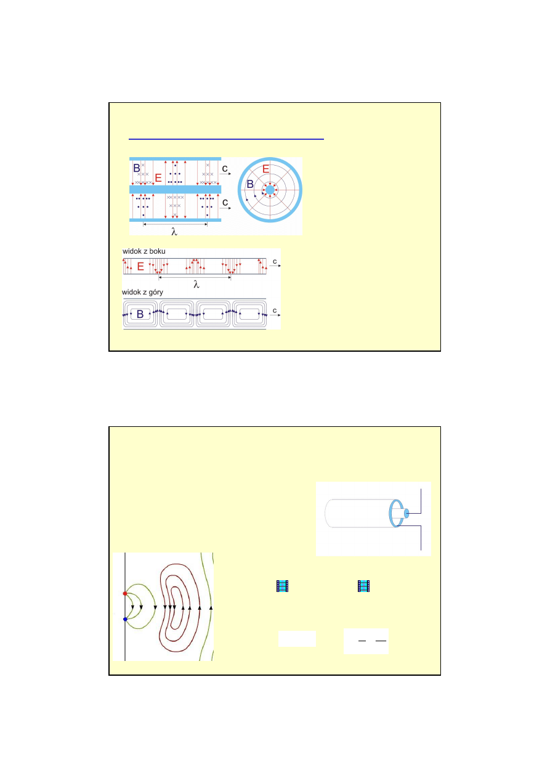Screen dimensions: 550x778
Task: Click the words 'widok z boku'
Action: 144,251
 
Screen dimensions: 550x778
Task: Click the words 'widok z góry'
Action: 142,292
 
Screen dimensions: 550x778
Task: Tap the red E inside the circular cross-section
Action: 265,169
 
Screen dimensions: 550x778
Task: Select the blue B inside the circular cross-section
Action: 250,184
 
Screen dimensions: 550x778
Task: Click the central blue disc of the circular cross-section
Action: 270,190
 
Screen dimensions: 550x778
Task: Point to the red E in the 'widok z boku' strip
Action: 140,266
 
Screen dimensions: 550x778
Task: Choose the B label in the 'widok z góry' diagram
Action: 140,314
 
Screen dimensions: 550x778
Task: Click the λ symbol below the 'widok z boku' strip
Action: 196,285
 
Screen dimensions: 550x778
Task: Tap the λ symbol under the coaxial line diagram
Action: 174,232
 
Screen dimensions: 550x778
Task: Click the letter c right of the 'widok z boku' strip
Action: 275,261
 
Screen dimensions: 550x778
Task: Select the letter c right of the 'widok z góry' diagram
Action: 275,310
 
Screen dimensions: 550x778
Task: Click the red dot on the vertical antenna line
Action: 125,594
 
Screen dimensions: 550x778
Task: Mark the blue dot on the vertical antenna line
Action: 125,619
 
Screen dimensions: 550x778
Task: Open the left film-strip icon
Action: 282,586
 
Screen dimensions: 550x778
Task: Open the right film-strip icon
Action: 363,586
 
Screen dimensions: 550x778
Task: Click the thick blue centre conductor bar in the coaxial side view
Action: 175,189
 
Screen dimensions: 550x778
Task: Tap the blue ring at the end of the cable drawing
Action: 396,513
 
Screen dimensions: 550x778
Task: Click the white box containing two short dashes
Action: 366,641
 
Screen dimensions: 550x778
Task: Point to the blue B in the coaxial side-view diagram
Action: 137,168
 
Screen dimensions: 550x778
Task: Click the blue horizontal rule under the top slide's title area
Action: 226,139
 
